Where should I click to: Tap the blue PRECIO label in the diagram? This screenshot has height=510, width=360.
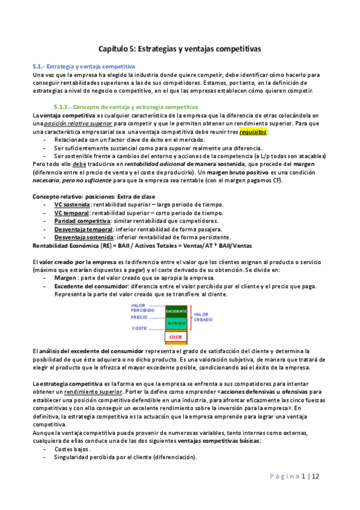[139, 317]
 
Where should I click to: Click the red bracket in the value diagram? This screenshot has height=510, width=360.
[192, 318]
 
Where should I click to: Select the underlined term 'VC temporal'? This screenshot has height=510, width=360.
[67, 213]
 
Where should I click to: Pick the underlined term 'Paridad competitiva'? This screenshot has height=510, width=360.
[77, 221]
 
